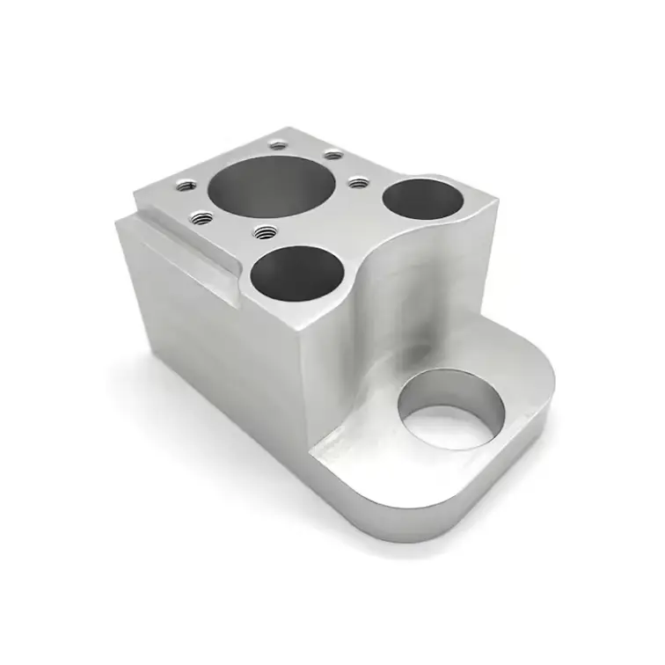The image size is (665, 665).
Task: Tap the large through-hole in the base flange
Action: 454,410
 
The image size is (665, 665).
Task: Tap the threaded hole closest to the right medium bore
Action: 357,182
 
